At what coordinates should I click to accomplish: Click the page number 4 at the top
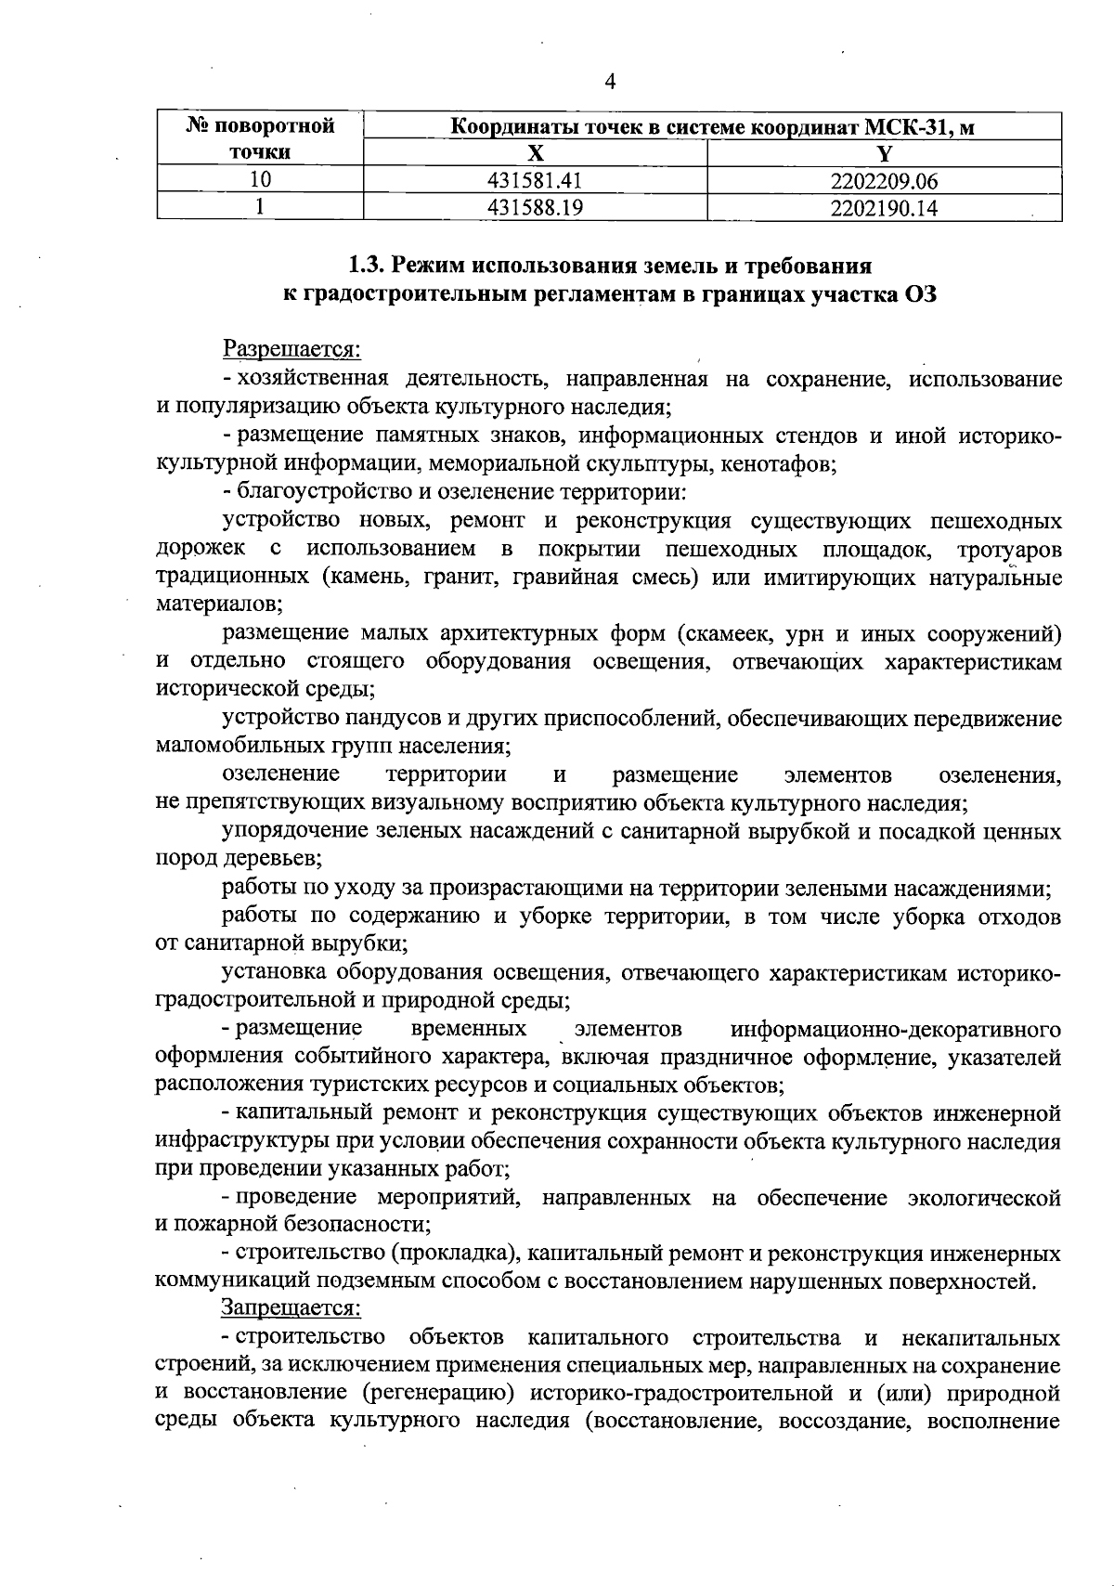coord(610,82)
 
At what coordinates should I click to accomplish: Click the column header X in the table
coord(535,153)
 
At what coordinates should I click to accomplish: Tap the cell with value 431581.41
coord(535,180)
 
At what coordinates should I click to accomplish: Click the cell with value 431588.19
coord(535,208)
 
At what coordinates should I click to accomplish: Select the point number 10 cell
coord(260,180)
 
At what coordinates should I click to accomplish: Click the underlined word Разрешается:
coord(291,350)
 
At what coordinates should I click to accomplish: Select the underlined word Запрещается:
coord(290,1308)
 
